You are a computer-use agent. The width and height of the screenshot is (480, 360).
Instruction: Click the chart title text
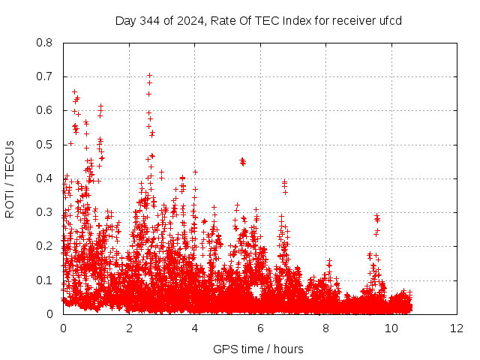(x=259, y=20)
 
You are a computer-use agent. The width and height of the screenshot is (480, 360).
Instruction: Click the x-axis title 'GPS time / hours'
(x=259, y=349)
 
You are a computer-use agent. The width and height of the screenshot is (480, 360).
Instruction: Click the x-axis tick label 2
(x=129, y=328)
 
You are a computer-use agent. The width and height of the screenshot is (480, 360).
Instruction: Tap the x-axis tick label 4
(x=194, y=328)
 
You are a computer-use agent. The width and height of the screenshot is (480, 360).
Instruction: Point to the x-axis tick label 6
(x=260, y=328)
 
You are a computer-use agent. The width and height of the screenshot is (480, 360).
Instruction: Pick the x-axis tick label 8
(x=325, y=328)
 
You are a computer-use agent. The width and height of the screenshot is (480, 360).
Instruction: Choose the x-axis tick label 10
(x=391, y=328)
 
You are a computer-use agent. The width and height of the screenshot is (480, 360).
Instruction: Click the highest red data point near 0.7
(x=149, y=75)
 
